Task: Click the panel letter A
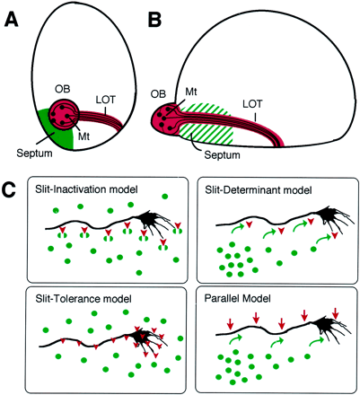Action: (x=12, y=20)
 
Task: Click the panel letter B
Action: (x=154, y=20)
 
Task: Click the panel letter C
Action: (x=8, y=190)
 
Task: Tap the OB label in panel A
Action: (x=63, y=91)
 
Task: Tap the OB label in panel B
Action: (x=158, y=93)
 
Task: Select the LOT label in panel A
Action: (x=106, y=100)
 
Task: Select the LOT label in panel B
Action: (x=252, y=104)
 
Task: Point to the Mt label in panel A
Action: (x=83, y=136)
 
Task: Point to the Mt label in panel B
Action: (x=191, y=92)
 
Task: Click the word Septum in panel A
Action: (x=34, y=154)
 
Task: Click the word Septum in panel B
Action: (x=222, y=155)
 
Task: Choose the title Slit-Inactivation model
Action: (x=86, y=189)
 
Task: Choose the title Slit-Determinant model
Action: (x=259, y=190)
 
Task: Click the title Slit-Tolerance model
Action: (x=83, y=298)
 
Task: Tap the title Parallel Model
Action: (x=238, y=298)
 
